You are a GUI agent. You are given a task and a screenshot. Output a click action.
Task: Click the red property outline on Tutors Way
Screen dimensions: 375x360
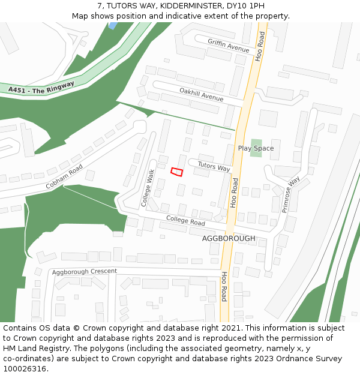coord(176,172)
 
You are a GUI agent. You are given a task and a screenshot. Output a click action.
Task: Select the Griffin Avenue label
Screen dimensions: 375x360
coord(228,46)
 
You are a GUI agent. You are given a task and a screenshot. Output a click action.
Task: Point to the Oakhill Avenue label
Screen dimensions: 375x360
coord(202,94)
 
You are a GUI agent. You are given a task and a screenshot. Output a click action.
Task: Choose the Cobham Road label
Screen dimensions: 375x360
coord(64,178)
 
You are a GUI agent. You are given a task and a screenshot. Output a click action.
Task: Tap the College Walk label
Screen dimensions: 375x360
coord(148,188)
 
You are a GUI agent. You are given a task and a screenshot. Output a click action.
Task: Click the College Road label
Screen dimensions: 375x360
coord(185,221)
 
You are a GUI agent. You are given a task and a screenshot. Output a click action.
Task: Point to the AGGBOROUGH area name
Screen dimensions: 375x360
coord(229,238)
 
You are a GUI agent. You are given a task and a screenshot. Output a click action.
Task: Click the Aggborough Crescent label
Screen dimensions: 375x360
coord(84,272)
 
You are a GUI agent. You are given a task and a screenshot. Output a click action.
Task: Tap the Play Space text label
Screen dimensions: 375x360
coord(256,148)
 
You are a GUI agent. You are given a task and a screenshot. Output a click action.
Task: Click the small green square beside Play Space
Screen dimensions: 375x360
coord(256,148)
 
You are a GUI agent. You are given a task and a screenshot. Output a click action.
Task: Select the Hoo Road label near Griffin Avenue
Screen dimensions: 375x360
coord(260,46)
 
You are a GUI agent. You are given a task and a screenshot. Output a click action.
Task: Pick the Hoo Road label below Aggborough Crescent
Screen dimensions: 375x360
coord(224,287)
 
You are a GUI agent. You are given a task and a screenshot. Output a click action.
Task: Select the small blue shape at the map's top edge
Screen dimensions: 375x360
coord(112,25)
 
